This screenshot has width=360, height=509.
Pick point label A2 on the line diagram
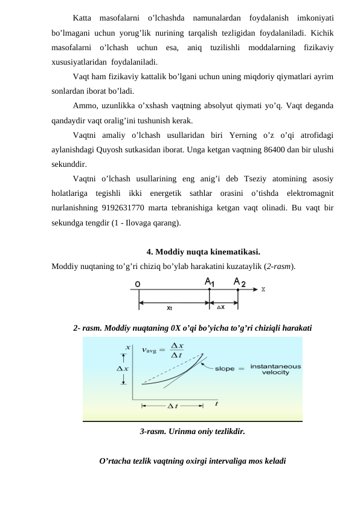coord(239,282)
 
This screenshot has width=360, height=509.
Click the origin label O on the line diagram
coord(138,283)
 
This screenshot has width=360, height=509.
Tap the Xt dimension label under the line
coord(170,307)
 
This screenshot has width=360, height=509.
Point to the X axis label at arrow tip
coord(263,289)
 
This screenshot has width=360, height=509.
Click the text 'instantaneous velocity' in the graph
coord(275,369)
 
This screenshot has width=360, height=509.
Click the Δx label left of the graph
coord(122,369)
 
